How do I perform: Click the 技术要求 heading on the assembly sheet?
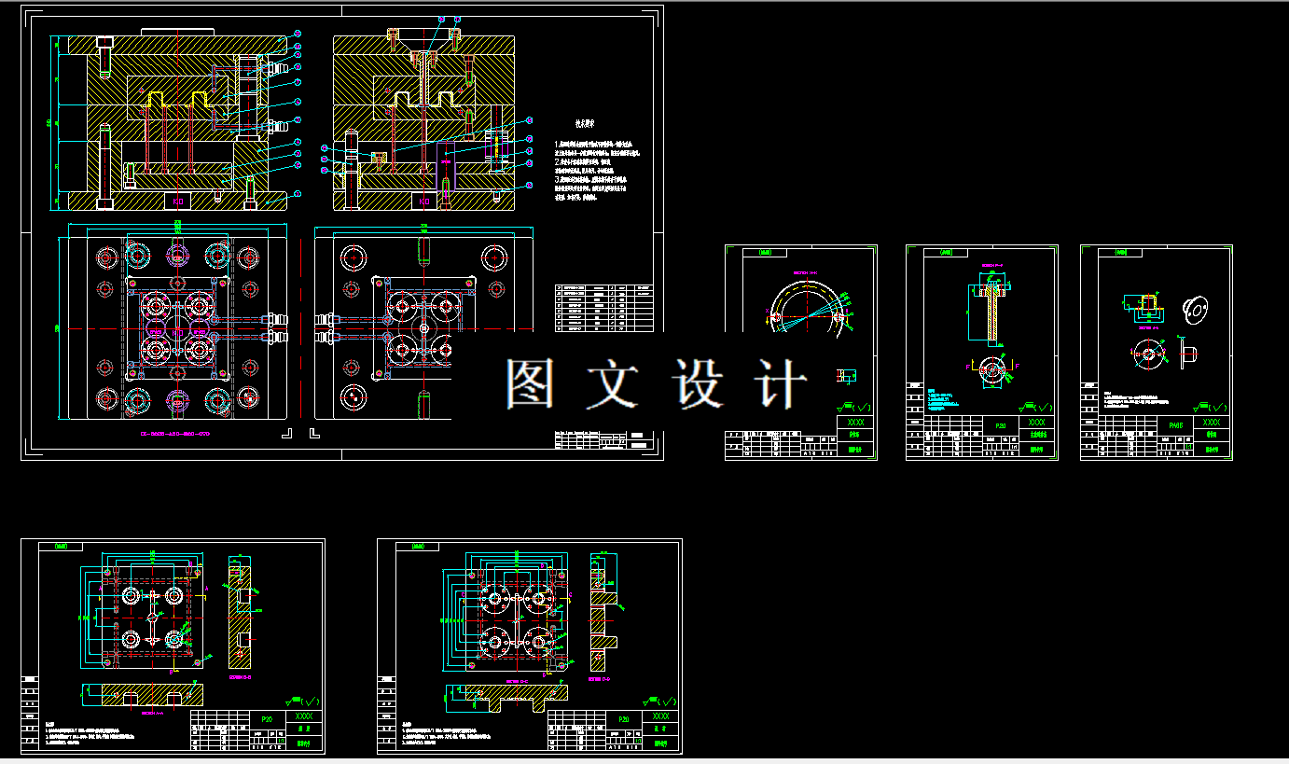click(587, 121)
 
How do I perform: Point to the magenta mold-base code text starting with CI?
click(174, 435)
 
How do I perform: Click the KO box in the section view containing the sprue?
click(424, 201)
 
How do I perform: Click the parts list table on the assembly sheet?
click(604, 308)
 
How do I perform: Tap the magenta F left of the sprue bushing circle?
click(970, 364)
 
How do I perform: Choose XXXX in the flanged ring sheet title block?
click(1212, 423)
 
